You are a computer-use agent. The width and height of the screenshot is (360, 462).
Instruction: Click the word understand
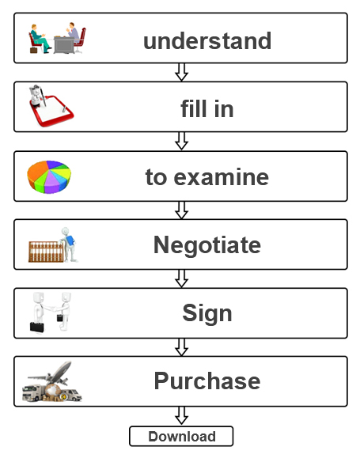tap(207, 40)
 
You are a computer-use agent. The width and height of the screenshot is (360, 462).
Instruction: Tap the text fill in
tap(207, 108)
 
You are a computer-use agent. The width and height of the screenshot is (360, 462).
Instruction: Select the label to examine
tap(207, 176)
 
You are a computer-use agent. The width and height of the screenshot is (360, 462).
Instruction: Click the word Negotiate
tap(207, 245)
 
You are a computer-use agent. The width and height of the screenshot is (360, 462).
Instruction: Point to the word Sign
tap(207, 313)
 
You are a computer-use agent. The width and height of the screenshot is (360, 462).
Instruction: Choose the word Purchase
tap(207, 381)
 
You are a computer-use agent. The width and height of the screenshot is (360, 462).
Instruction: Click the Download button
tap(181, 436)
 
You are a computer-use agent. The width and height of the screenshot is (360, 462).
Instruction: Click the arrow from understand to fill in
tap(181, 72)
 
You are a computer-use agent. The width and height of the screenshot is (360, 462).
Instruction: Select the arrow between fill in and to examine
tap(181, 141)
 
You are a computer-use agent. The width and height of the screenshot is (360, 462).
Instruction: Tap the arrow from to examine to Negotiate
tap(181, 210)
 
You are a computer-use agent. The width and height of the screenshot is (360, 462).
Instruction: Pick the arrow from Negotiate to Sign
tap(181, 278)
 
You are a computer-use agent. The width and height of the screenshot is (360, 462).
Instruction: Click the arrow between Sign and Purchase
tap(181, 347)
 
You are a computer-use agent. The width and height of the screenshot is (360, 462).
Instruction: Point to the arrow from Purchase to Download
tap(181, 416)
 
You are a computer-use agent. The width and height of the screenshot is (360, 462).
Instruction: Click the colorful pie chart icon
tap(49, 176)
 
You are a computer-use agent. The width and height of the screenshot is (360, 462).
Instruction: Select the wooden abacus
tap(46, 252)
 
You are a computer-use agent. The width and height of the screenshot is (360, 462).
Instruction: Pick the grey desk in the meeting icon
tap(64, 45)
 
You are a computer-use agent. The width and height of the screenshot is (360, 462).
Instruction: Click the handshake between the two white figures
tap(53, 309)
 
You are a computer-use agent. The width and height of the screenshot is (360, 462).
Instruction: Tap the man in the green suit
tap(39, 38)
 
